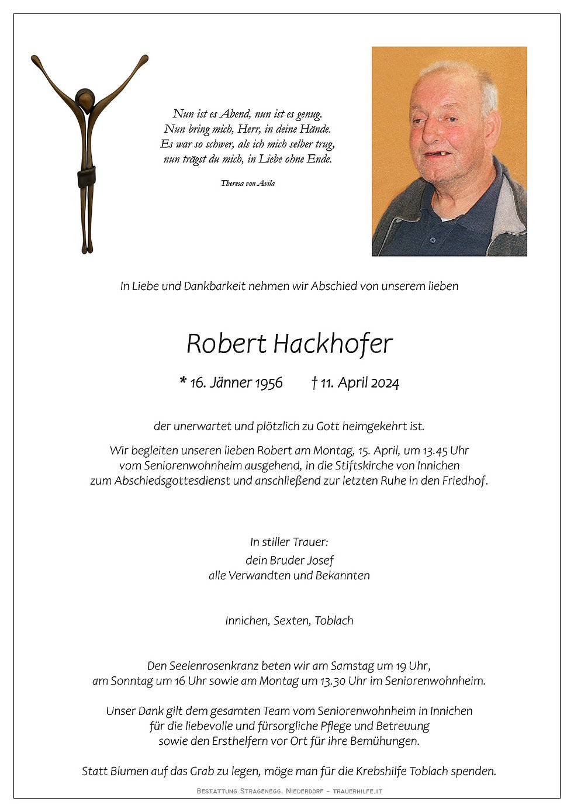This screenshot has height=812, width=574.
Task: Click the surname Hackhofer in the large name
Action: point(333,344)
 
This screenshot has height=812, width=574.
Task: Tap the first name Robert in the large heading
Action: point(226,344)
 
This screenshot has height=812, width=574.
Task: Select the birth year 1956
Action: point(268,383)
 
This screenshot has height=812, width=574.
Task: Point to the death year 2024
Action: point(385,383)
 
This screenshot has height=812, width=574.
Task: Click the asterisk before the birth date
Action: point(183,382)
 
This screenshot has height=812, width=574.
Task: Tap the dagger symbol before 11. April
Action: point(314,382)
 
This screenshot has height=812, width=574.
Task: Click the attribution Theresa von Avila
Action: point(248,183)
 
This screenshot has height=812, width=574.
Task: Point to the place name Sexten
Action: point(291,621)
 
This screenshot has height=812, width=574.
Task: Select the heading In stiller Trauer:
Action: point(289,542)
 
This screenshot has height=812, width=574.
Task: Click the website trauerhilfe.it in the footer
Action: point(357,791)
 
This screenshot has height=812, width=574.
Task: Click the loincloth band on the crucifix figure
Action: point(87,177)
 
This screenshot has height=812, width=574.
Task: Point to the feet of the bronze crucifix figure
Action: point(87,248)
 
